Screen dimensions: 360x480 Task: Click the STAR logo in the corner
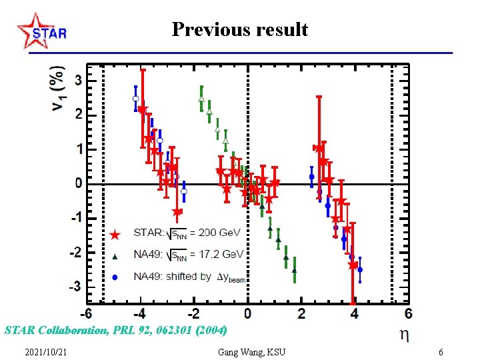click(41, 31)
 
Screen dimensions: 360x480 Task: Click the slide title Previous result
click(239, 29)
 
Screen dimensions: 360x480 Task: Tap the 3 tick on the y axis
click(78, 80)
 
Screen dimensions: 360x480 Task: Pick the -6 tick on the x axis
click(87, 313)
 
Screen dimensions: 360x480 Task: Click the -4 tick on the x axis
click(140, 313)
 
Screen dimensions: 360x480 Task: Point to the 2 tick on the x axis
click(302, 313)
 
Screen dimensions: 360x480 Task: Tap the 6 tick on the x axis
click(408, 313)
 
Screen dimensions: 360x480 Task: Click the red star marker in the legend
click(115, 235)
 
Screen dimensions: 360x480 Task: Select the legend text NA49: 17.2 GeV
click(189, 254)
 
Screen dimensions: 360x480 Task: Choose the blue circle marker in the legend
click(115, 277)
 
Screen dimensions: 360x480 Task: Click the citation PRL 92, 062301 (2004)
click(116, 330)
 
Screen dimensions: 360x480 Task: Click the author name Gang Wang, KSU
click(251, 352)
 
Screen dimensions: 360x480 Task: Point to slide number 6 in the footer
click(441, 352)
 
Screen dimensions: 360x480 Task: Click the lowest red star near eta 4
click(353, 265)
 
